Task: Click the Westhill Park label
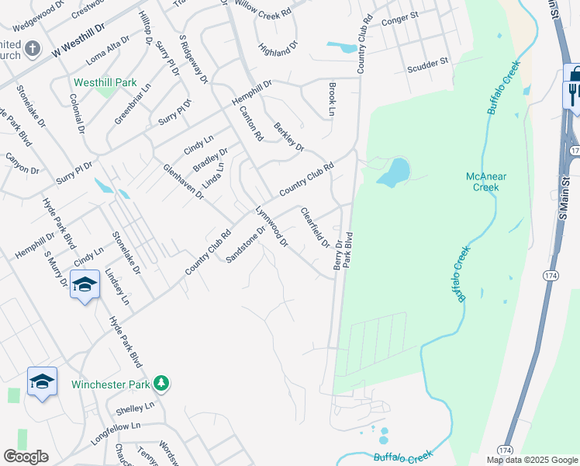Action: tap(105, 82)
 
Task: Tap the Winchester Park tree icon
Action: tap(161, 383)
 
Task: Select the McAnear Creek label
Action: tap(486, 181)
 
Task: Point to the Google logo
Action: tap(26, 457)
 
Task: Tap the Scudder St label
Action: tap(428, 64)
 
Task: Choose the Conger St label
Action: tap(400, 19)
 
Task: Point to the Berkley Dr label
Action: tap(288, 136)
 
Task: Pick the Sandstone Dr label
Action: tap(246, 242)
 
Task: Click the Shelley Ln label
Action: tap(135, 408)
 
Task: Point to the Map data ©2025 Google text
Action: tap(531, 460)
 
